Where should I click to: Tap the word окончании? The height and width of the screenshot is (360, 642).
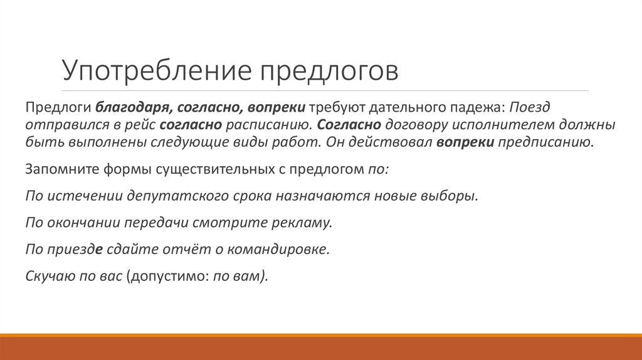(x=85, y=223)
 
